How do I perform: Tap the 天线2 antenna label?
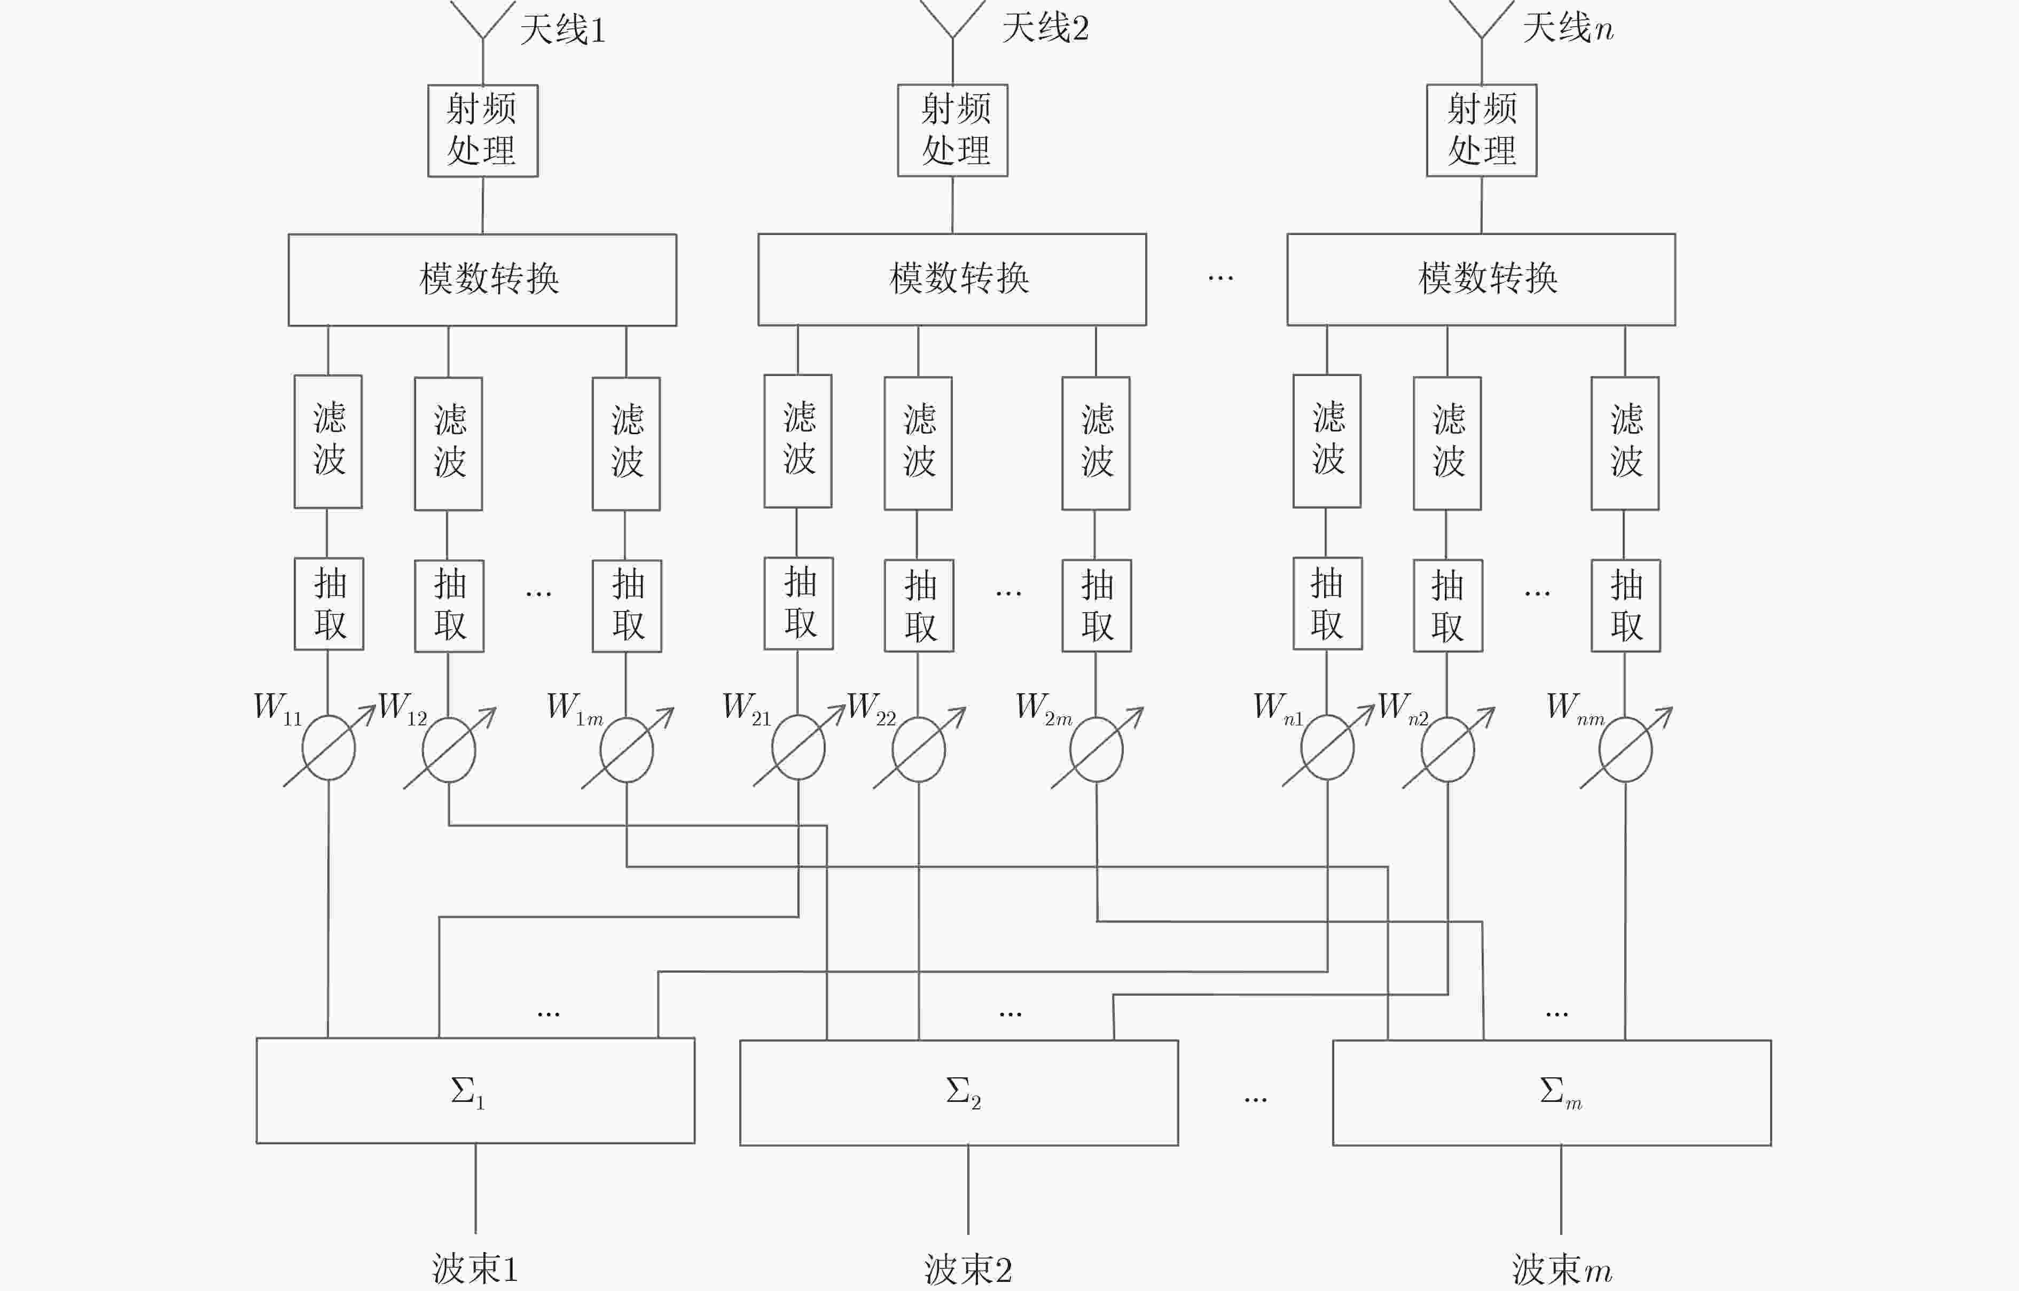coord(1046,28)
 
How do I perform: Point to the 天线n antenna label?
coord(1568,28)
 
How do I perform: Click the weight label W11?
coord(278,708)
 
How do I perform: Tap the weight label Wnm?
coord(1576,708)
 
